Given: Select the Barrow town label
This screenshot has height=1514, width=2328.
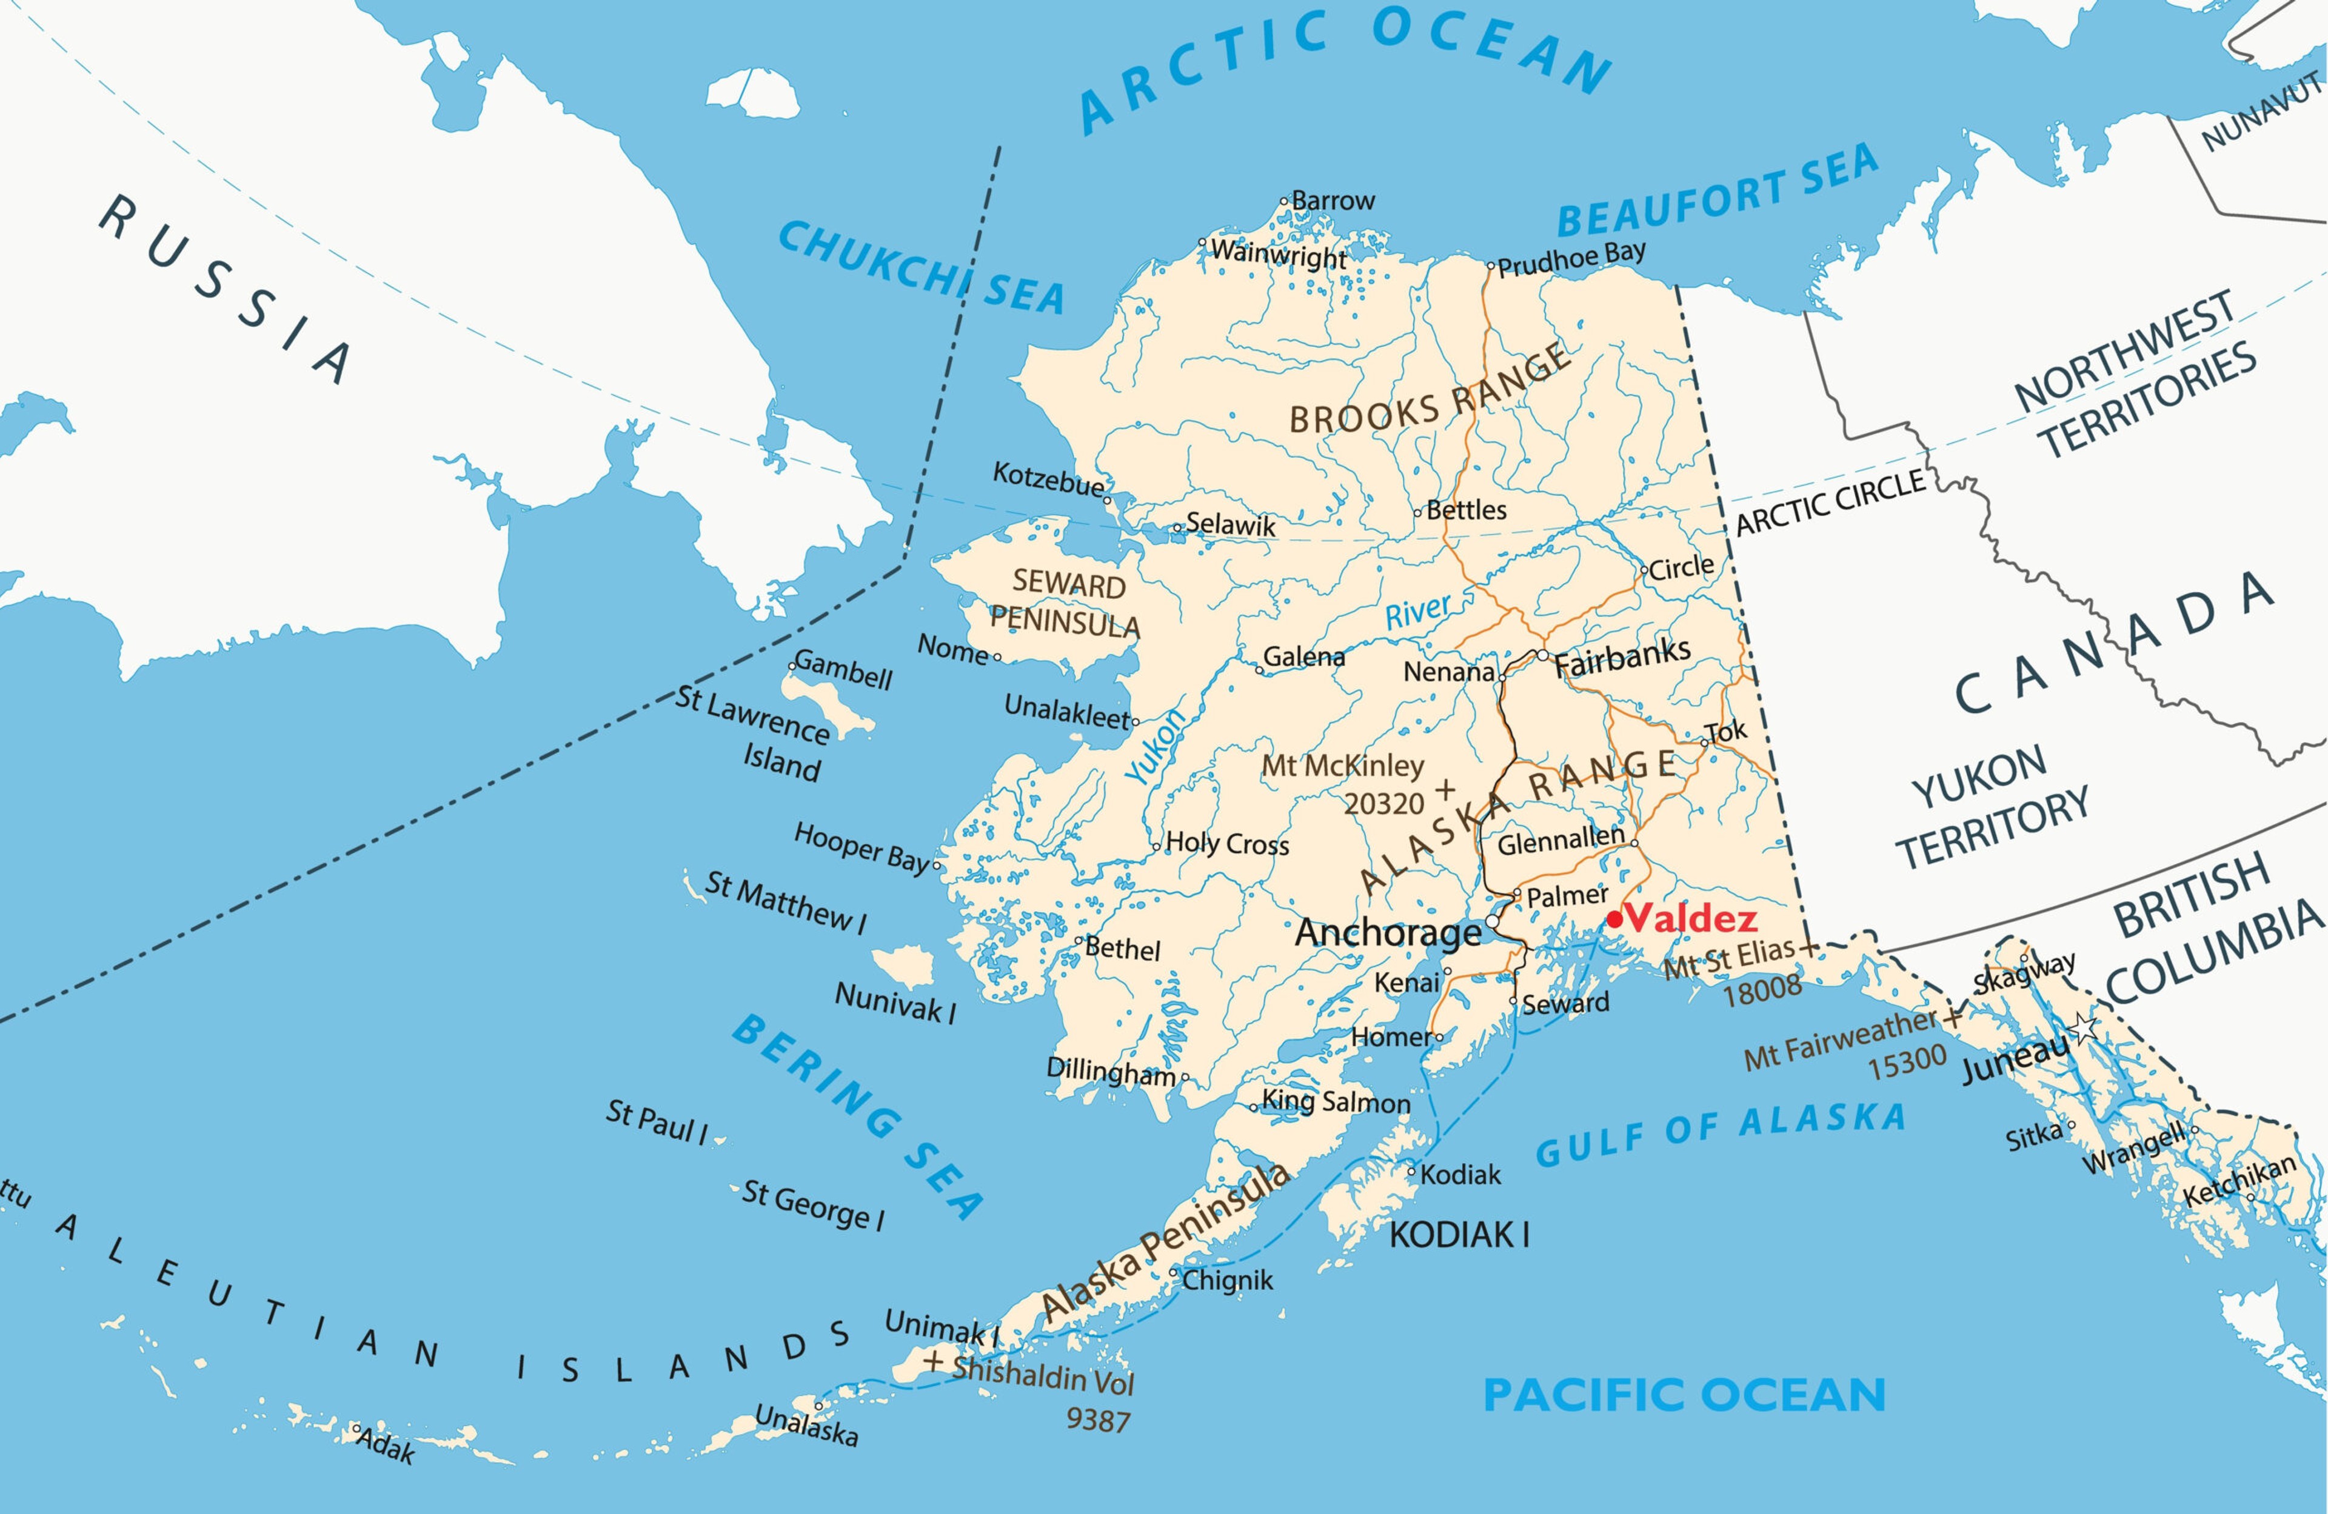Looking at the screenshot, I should pyautogui.click(x=1333, y=201).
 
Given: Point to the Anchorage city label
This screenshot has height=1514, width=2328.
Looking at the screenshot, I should pyautogui.click(x=1388, y=933).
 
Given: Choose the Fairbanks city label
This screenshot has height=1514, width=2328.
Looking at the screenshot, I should pyautogui.click(x=1622, y=657).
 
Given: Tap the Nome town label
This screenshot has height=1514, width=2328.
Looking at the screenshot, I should pyautogui.click(x=952, y=649).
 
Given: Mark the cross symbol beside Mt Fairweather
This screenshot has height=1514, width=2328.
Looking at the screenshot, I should pyautogui.click(x=1952, y=1018).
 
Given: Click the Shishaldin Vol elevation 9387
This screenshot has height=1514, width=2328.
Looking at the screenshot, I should pyautogui.click(x=1097, y=1420).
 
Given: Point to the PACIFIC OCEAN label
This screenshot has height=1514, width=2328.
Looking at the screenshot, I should pyautogui.click(x=1684, y=1396).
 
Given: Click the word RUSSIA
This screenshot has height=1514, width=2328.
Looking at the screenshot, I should pyautogui.click(x=225, y=288).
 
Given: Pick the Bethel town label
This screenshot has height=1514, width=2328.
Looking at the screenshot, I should pyautogui.click(x=1122, y=949).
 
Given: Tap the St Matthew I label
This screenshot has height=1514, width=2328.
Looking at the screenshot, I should pyautogui.click(x=786, y=902).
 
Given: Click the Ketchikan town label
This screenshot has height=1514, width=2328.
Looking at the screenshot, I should pyautogui.click(x=2239, y=1181).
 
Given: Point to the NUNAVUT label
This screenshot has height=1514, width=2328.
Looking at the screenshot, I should pyautogui.click(x=2261, y=113).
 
